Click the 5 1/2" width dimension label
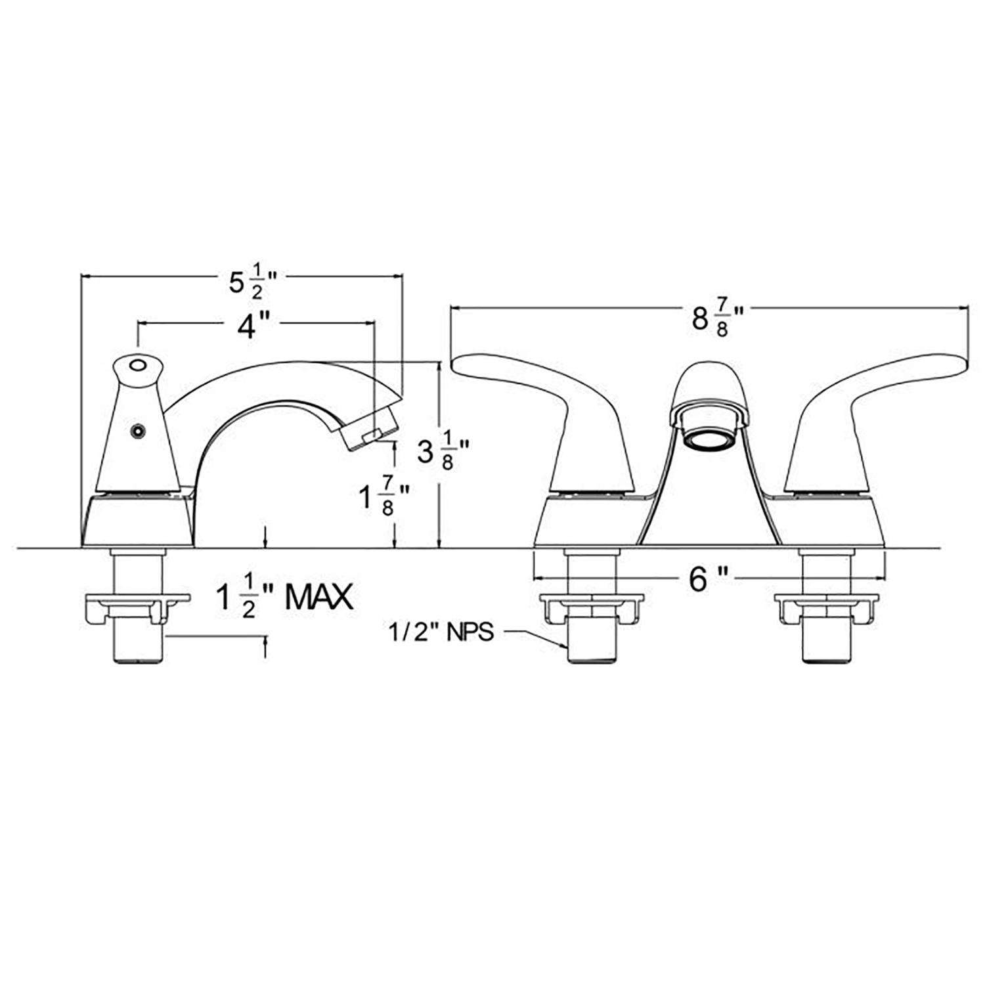point(252,283)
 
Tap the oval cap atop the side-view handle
point(138,366)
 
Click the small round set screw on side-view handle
point(137,431)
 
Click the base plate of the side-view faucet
point(139,521)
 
